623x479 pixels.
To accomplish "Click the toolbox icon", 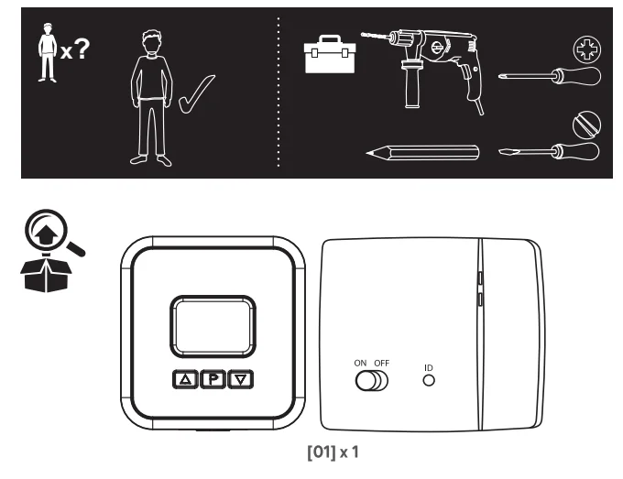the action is (330, 54).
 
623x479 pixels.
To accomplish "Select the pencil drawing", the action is (422, 153).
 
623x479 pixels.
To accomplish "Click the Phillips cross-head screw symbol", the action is (587, 49).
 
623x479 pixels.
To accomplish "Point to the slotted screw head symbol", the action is (586, 125).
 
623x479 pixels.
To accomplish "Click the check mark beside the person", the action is (197, 93).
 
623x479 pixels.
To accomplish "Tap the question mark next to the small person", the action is (82, 49).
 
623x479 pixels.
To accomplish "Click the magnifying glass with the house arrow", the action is (54, 234).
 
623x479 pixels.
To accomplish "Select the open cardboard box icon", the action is (46, 275).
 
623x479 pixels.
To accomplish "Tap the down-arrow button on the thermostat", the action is (241, 380).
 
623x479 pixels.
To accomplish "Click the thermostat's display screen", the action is (213, 326).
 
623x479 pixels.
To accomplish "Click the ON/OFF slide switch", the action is (371, 380).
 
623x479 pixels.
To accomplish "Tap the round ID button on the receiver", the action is (429, 380).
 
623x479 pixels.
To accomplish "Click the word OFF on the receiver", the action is (381, 363).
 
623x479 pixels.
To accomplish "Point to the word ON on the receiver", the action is (360, 363).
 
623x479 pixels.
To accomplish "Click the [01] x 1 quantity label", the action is (333, 452).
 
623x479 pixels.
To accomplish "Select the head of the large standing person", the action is (151, 42).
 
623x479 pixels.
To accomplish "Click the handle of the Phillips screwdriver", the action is (579, 76).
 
